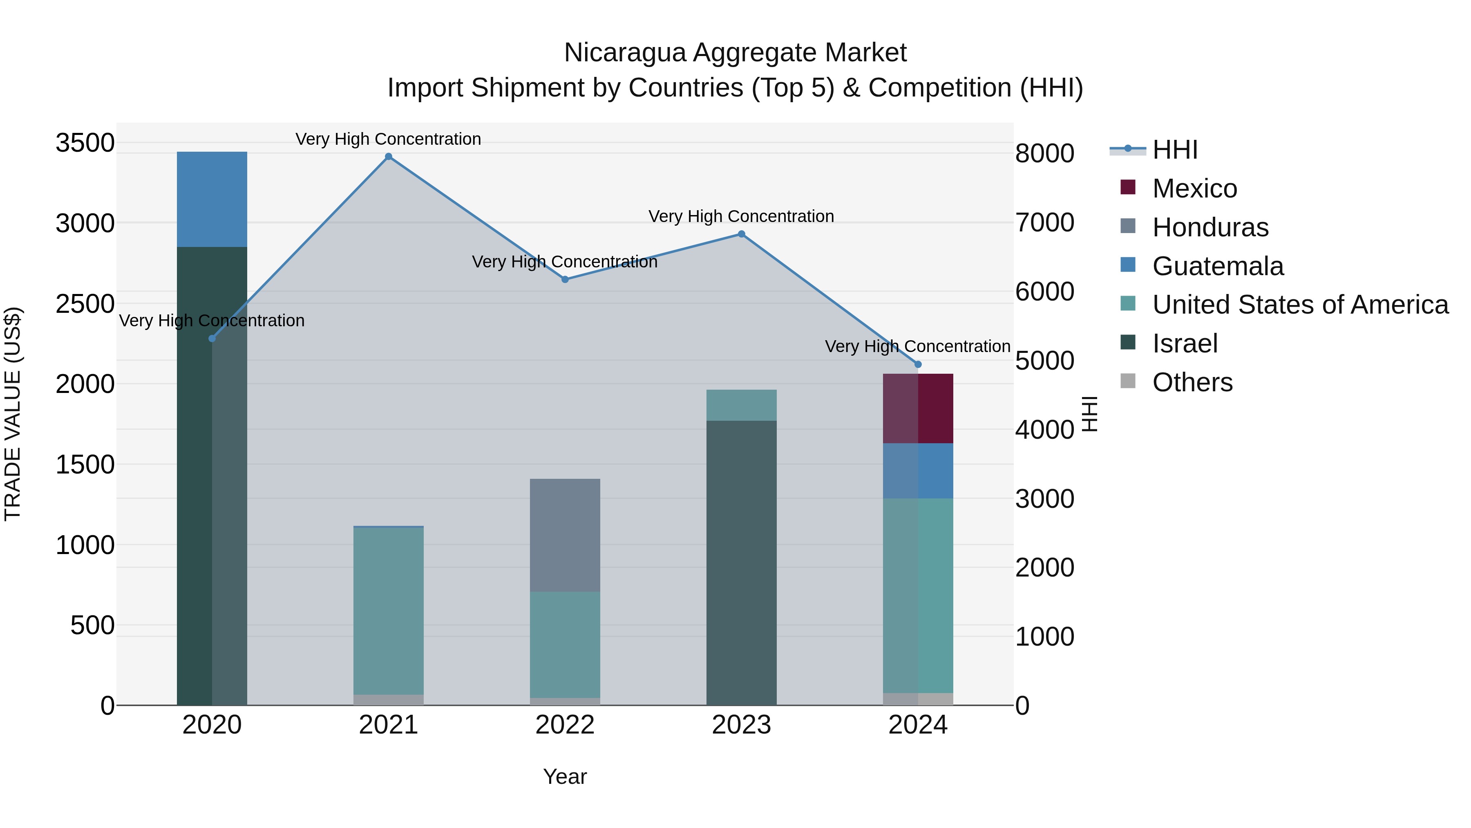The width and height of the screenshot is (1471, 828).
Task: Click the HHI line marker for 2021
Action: click(388, 157)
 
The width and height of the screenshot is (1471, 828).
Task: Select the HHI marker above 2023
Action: click(741, 234)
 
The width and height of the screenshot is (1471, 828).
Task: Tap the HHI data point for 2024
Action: click(918, 364)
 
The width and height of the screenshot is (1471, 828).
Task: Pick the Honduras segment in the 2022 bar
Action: click(565, 535)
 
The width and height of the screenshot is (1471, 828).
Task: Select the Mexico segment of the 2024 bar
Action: click(918, 408)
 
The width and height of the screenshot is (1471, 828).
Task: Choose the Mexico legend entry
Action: click(1194, 188)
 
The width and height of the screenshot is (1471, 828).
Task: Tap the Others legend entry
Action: click(1192, 382)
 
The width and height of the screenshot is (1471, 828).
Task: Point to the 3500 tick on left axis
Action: click(85, 143)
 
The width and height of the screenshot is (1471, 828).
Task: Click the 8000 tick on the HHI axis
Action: click(1044, 153)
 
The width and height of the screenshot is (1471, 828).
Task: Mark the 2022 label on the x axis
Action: click(565, 725)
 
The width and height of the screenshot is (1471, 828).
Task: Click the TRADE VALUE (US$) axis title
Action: click(13, 414)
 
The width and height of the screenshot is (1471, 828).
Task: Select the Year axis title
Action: click(565, 776)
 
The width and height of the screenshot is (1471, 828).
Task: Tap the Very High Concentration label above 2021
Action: click(388, 139)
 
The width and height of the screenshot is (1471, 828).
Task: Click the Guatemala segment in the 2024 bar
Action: click(918, 470)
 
